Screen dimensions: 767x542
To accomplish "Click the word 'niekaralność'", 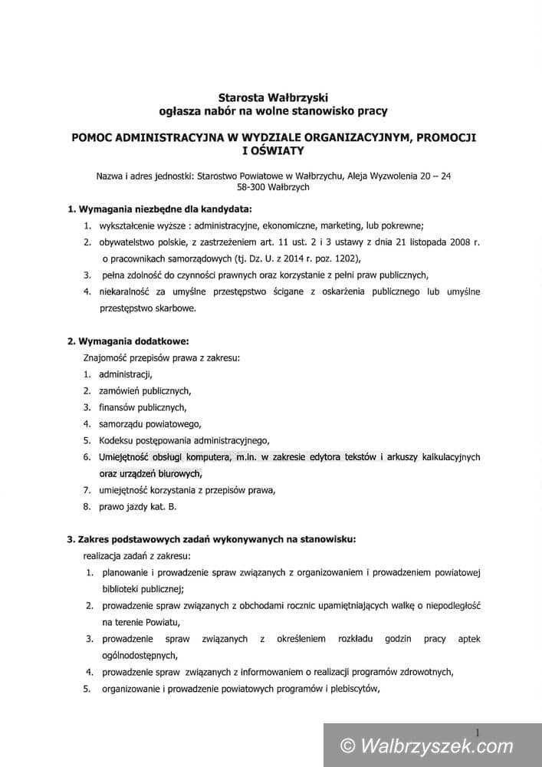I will click(x=124, y=291).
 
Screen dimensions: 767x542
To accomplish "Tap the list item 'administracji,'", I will click(x=126, y=374).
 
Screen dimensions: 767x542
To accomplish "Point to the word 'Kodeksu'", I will click(x=117, y=440).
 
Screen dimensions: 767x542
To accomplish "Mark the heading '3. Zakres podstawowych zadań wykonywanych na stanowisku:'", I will click(x=211, y=539).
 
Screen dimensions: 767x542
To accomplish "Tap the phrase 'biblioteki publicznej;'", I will click(x=143, y=589).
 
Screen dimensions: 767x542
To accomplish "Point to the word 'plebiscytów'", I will click(x=352, y=688).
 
